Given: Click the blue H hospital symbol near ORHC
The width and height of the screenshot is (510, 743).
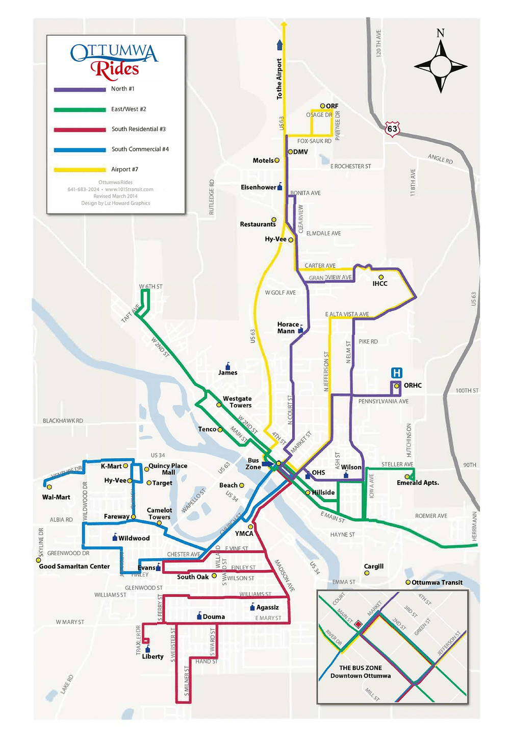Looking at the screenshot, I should click(396, 373).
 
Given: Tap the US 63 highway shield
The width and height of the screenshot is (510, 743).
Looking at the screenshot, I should click(392, 129).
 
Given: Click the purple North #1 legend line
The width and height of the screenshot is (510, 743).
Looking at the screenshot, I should click(80, 89).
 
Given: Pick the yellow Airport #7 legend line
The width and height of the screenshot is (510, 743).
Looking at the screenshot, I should click(80, 169).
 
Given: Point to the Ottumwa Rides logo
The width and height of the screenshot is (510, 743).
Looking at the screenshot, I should click(114, 61).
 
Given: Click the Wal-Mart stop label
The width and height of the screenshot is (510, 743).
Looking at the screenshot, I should click(56, 497).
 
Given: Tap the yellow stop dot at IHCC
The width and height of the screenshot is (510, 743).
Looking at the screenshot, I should click(381, 277).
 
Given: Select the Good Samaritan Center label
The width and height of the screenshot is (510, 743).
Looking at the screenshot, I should click(74, 566).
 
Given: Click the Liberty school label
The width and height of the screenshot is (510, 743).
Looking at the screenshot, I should click(152, 657).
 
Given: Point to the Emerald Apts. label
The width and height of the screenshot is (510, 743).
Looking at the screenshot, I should click(418, 483).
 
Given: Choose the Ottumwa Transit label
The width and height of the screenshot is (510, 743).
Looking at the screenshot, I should click(437, 582).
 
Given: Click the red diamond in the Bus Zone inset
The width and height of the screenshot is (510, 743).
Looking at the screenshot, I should click(358, 624).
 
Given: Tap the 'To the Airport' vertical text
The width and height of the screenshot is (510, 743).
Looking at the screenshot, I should click(279, 79).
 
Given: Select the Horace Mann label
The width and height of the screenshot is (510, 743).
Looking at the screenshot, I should click(288, 328).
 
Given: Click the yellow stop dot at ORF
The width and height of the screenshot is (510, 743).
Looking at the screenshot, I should click(322, 106).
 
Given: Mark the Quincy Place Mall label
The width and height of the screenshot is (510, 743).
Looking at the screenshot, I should click(168, 469).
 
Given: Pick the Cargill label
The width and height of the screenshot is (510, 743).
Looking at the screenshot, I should click(373, 566).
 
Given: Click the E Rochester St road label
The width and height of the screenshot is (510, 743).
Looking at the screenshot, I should click(350, 166).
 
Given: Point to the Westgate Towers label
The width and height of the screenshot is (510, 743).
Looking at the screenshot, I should click(237, 402).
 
